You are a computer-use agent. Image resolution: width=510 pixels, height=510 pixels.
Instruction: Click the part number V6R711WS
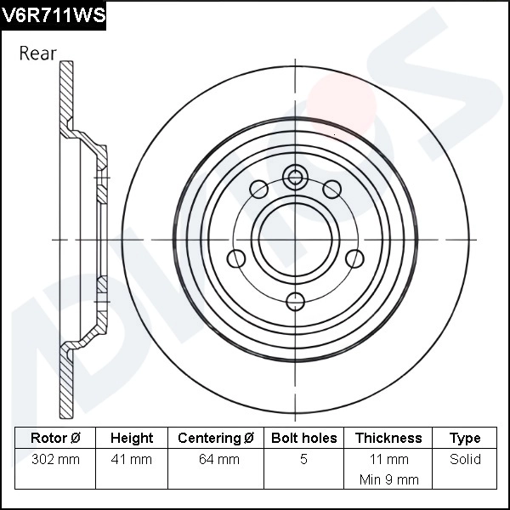pos(53,14)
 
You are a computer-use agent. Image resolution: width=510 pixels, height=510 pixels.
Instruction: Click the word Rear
pos(37,54)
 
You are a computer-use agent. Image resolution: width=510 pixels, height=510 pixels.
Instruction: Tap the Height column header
pos(132,439)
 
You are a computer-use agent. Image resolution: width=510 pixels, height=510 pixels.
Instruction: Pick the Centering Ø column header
pos(216,439)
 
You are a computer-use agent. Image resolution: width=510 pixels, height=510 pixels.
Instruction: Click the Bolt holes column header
pos(303,439)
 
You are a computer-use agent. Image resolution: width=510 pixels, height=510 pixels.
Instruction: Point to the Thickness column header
pos(388,439)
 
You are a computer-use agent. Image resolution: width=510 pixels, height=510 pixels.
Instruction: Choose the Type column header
pos(465,439)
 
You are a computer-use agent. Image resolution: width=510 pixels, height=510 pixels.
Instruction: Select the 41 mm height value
pos(132,460)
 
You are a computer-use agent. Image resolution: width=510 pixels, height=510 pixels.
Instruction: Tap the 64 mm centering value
pos(216,460)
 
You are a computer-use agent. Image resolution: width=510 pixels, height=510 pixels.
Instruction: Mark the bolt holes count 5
pos(303,460)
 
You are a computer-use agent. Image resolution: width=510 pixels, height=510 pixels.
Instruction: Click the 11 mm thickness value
pos(388,460)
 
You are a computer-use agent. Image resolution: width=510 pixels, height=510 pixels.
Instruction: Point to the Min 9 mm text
pos(388,479)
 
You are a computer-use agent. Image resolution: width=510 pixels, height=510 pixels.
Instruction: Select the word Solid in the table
pos(465,460)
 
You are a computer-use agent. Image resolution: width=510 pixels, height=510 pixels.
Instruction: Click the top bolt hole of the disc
pos(295,177)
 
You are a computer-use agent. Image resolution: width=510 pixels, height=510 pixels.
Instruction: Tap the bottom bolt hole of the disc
pos(295,300)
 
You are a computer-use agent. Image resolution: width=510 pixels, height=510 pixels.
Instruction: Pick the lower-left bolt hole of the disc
pos(236,259)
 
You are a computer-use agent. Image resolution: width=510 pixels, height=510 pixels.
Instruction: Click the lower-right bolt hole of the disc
pos(353,259)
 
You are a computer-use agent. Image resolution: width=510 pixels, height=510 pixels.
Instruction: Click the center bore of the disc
pos(295,239)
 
